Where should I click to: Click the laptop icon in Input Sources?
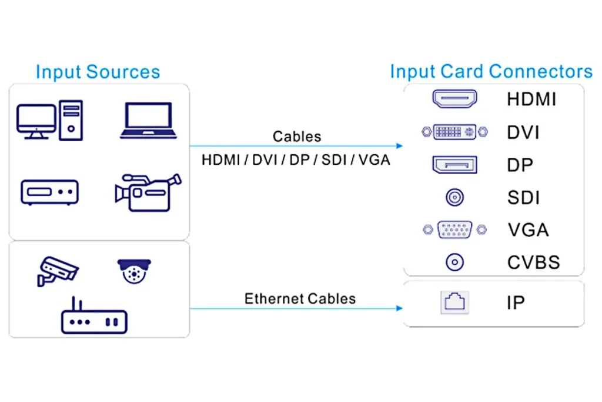tap(148, 121)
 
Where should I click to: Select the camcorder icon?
tap(148, 192)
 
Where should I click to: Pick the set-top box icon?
tap(49, 192)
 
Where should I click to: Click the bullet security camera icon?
tap(57, 271)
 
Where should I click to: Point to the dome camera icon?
tap(134, 271)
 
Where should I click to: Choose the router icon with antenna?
tap(94, 318)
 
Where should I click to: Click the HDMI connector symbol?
tap(454, 99)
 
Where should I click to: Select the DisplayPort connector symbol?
tap(454, 165)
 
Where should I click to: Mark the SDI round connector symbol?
tap(454, 198)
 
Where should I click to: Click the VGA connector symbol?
tap(454, 230)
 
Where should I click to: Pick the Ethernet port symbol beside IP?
tap(454, 303)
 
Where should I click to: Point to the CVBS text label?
tap(533, 262)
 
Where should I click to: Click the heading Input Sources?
tap(98, 72)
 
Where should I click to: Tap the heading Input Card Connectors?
tap(491, 72)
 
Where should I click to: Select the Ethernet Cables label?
tap(300, 298)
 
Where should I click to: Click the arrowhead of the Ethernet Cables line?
tap(400, 308)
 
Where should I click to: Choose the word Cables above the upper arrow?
tap(297, 137)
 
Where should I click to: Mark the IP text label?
tap(516, 303)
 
